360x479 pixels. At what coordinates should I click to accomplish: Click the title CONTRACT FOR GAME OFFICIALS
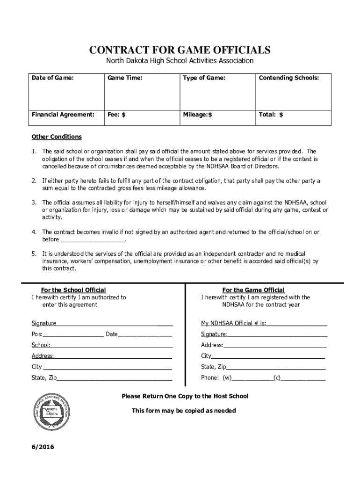[180, 50]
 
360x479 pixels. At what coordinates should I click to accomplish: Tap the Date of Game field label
[52, 78]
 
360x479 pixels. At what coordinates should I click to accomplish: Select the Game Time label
[125, 78]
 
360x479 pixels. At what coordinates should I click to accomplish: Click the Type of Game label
[204, 78]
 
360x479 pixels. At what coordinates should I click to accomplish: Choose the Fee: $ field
[116, 114]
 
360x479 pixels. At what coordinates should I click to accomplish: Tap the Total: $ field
[271, 114]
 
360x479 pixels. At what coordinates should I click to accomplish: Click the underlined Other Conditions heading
[57, 137]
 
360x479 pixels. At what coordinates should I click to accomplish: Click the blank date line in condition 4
[93, 239]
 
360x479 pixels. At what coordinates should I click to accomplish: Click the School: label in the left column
[41, 345]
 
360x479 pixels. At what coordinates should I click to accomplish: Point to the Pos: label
[37, 334]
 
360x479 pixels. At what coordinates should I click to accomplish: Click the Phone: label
[210, 377]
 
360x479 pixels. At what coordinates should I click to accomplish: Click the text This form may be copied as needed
[184, 411]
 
